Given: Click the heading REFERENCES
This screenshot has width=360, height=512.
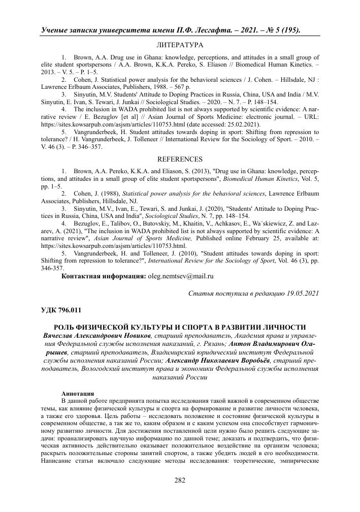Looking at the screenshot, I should coord(180,159).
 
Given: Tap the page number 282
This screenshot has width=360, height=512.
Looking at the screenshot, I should coord(180,481).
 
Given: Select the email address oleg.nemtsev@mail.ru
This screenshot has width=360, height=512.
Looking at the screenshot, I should coord(180,276).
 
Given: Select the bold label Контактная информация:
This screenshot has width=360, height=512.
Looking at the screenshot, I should coord(103,276).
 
